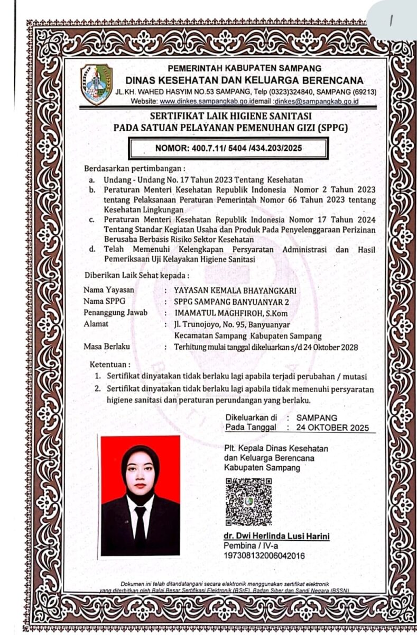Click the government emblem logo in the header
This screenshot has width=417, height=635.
click(x=96, y=84)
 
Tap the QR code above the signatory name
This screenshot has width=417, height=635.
click(x=248, y=502)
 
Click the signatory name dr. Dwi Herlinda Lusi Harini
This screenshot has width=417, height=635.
click(x=277, y=537)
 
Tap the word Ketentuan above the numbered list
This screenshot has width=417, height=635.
click(x=109, y=365)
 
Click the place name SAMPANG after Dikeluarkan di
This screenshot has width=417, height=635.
click(x=317, y=417)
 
